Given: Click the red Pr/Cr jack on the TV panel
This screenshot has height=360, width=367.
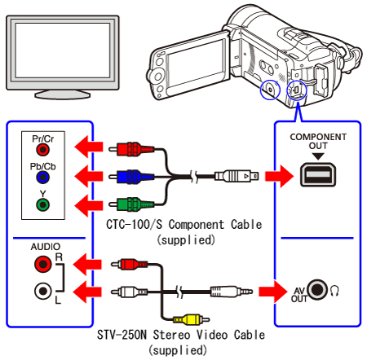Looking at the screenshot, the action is [42, 149].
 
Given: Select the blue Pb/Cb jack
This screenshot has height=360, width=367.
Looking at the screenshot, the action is [42, 178].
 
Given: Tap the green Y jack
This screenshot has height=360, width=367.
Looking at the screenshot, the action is [42, 204].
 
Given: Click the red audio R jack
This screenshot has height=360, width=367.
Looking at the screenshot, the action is [43, 264].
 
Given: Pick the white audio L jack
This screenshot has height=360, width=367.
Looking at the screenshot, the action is [43, 291].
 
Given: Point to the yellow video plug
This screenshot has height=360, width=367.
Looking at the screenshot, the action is [191, 319].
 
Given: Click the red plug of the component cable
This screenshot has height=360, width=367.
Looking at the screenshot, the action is [131, 149].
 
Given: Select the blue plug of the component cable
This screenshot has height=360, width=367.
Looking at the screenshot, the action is [131, 177].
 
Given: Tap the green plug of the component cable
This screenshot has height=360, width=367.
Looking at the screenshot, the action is [131, 204].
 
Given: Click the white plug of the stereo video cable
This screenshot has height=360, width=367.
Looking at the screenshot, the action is [130, 292].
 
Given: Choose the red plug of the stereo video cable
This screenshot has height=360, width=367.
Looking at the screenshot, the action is [130, 264].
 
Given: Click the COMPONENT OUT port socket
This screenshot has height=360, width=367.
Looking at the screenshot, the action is [318, 174].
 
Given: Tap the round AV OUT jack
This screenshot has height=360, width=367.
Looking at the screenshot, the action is [318, 289].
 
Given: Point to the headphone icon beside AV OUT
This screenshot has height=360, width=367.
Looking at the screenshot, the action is [334, 291].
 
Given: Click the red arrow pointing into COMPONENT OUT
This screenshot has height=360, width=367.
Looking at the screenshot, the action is [279, 176].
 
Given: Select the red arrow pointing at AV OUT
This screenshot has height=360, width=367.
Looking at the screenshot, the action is [273, 292].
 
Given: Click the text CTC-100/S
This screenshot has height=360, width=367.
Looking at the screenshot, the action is [134, 225].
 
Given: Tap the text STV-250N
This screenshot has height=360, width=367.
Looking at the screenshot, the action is [122, 335].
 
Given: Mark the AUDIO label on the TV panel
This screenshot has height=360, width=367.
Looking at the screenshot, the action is [46, 247].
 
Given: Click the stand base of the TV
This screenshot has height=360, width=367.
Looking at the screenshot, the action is [62, 94].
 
